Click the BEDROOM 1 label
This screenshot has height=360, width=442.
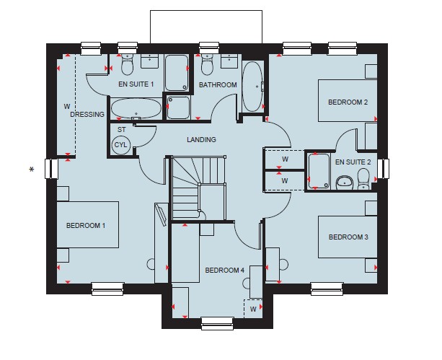[x=86, y=225]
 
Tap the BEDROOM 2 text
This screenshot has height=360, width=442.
[x=348, y=102]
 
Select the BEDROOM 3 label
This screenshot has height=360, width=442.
[x=348, y=237]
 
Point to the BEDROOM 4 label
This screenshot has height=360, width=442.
[x=225, y=271]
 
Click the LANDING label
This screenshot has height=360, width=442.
[x=202, y=139]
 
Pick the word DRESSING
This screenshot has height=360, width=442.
[x=87, y=114]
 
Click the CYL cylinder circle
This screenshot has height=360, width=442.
[x=121, y=145]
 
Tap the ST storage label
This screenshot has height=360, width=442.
[x=121, y=130]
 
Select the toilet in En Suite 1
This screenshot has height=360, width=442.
[x=127, y=65]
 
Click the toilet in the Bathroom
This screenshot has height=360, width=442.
[x=207, y=65]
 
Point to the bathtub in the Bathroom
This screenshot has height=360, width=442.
[x=252, y=87]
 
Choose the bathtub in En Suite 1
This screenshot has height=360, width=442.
[x=136, y=109]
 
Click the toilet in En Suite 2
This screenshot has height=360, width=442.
[x=363, y=179]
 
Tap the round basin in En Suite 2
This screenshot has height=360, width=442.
[x=345, y=183]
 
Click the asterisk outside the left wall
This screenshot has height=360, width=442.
[x=32, y=170]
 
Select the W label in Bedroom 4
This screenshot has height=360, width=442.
[x=253, y=309]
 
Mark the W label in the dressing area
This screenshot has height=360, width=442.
[x=67, y=106]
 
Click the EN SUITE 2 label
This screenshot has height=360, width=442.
[x=353, y=162]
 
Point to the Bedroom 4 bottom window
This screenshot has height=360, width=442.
[x=217, y=323]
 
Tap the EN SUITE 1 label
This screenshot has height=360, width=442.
[x=136, y=84]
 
